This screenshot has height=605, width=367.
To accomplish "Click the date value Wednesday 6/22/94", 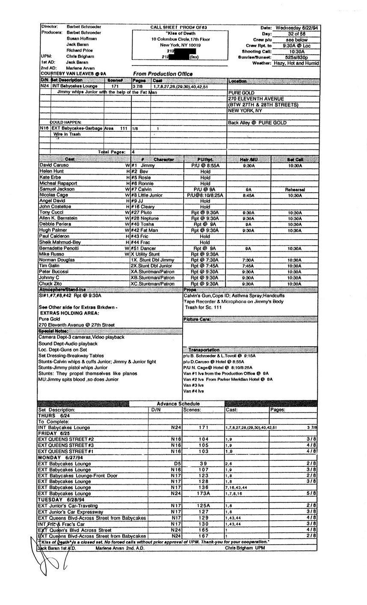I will coord(299,28).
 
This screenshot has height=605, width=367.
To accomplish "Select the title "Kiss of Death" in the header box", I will coord(180,33).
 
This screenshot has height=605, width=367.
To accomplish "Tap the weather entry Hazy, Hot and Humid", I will coord(296,63).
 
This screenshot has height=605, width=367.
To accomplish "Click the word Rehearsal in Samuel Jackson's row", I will coord(294,189).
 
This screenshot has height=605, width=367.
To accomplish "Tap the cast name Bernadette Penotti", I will coord(59,248).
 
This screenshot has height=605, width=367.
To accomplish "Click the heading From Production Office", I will coord(163,74).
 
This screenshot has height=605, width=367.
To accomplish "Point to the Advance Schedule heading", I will coord(178,403).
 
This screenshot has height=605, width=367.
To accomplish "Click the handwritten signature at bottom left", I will coord(41,556).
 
